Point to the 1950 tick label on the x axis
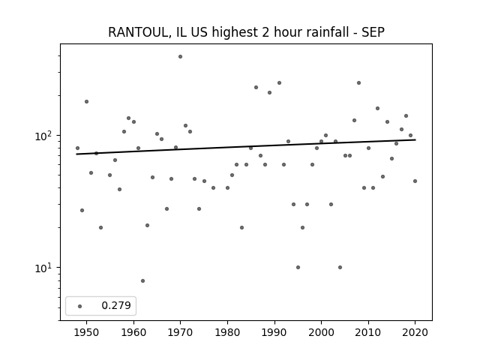tap(87, 332)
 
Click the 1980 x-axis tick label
tap(227, 332)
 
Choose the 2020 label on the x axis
tap(415, 332)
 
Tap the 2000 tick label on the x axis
tap(322, 332)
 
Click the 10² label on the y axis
tap(44, 136)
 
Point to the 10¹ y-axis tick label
tap(44, 268)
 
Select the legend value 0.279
tap(116, 305)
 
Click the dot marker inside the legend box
tap(80, 306)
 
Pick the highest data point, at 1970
tap(180, 57)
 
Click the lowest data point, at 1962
tap(142, 280)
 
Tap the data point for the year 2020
tap(415, 181)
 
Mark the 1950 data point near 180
tap(87, 102)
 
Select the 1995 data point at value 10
tap(298, 267)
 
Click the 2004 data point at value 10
tap(340, 267)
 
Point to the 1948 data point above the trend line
tap(77, 148)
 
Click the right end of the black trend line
tap(415, 139)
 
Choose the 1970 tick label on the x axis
tap(180, 332)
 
